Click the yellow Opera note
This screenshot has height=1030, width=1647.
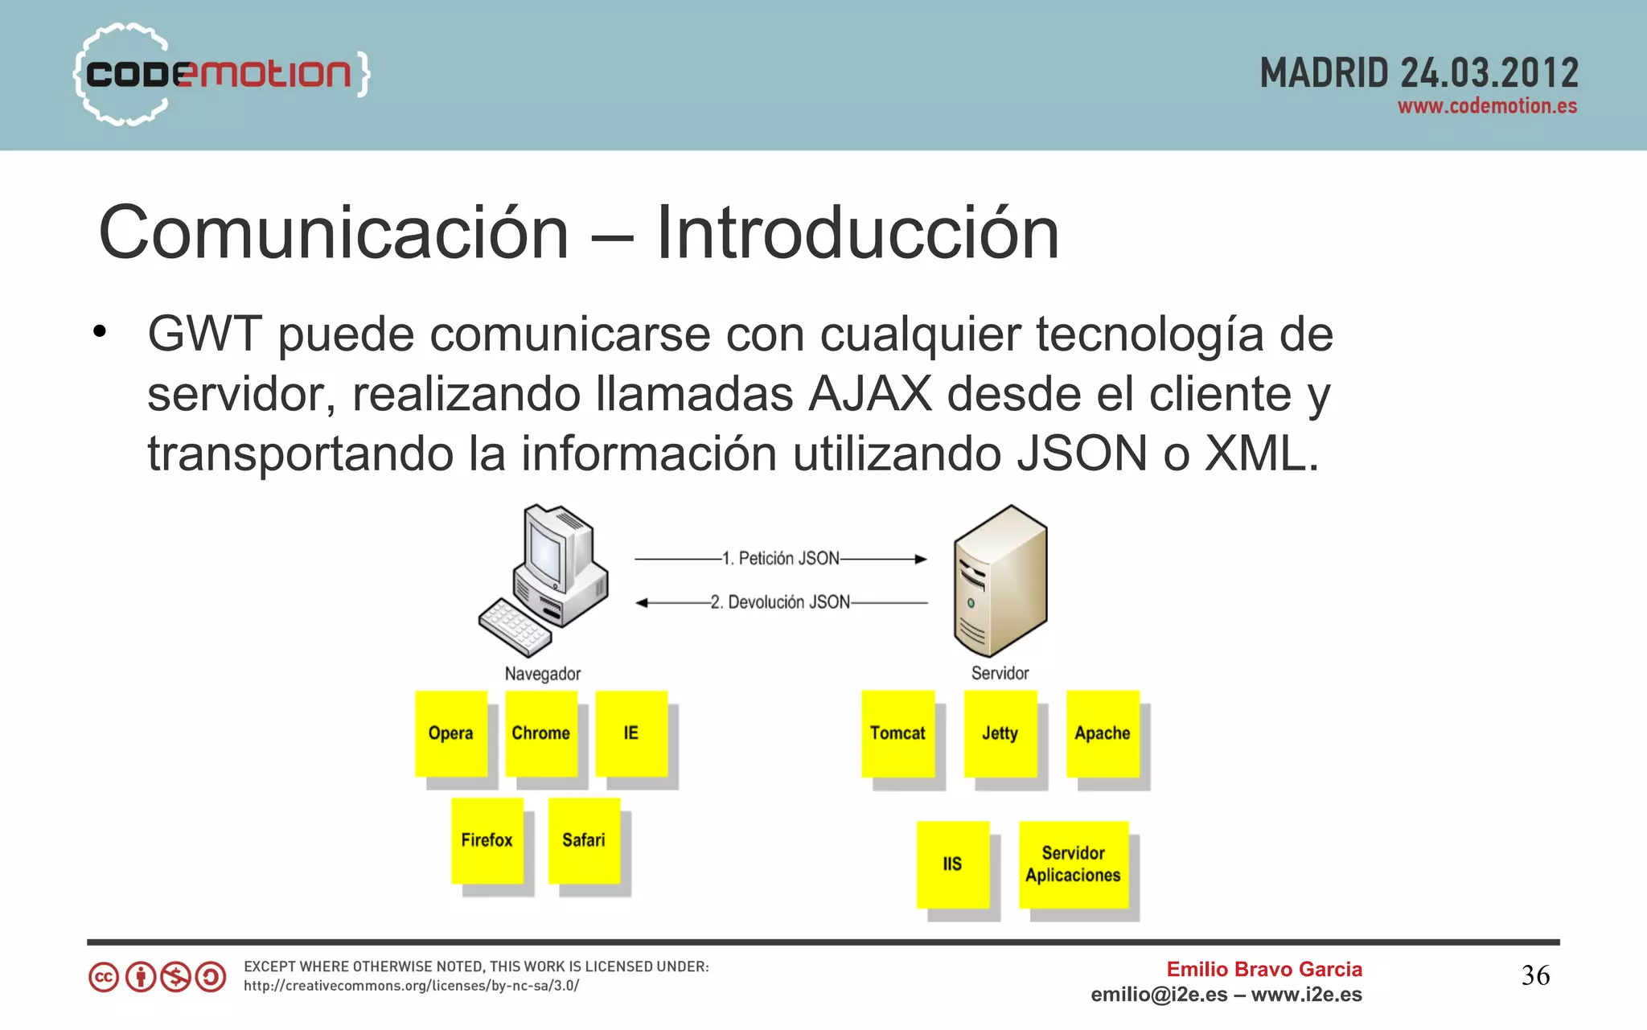pos(451,733)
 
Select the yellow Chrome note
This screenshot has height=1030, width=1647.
pos(541,733)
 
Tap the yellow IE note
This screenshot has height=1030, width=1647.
pos(631,733)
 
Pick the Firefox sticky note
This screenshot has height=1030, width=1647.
pos(487,840)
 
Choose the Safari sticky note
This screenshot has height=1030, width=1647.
pos(584,840)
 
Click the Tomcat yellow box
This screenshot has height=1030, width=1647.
pos(897,733)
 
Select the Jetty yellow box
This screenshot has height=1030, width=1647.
pos(1000,733)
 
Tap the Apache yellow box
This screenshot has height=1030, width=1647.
pos(1103,733)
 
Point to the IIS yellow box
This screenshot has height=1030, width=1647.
pos(952,864)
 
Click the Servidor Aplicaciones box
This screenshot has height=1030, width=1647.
pos(1074,864)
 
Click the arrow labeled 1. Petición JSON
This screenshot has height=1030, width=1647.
pos(781,559)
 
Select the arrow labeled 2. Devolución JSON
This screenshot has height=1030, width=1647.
pos(781,602)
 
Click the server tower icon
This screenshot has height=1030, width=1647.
pos(1000,581)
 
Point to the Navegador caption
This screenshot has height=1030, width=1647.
pos(543,674)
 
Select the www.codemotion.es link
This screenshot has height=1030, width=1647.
pos(1487,107)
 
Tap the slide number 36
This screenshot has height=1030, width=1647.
pos(1535,975)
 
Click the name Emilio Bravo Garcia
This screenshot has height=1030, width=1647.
pos(1264,969)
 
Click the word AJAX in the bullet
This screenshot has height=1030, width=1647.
pos(870,394)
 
